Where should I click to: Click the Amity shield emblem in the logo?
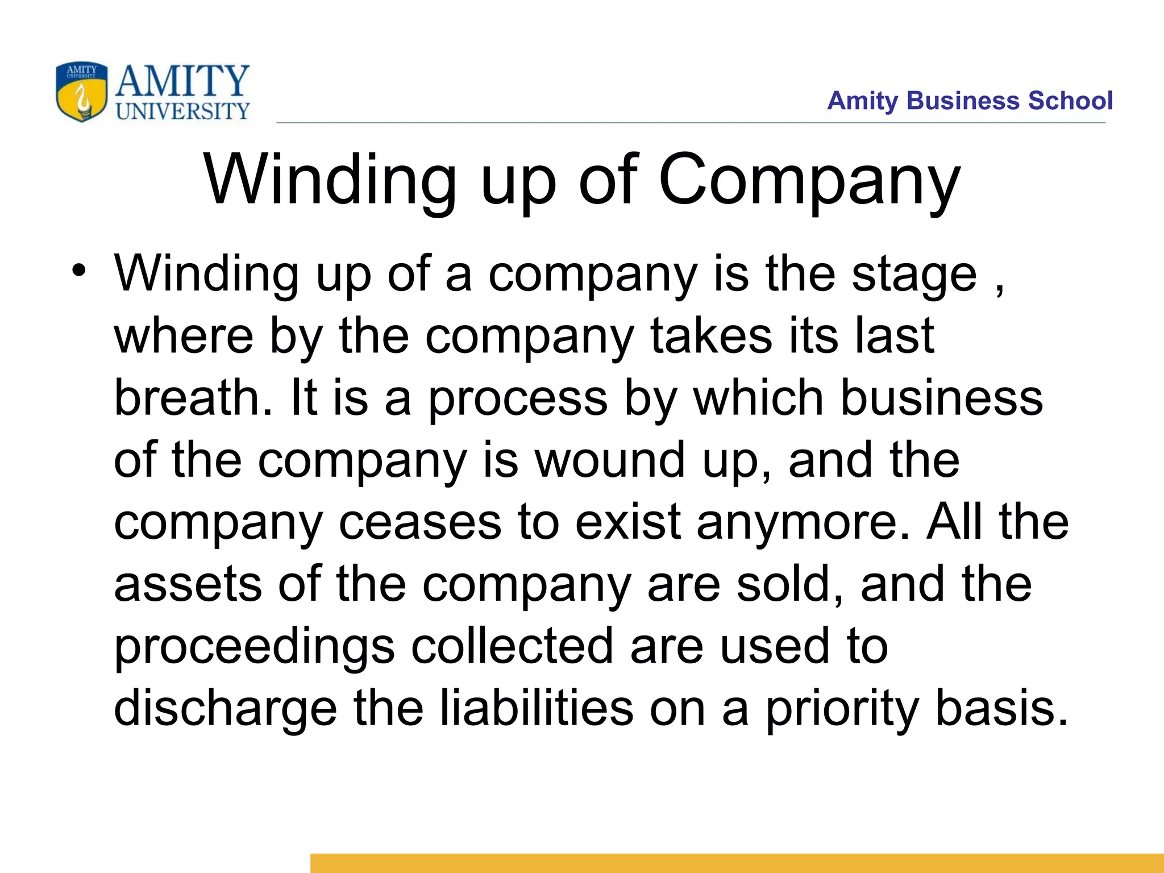[x=82, y=92]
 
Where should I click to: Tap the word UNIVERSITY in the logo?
[x=183, y=111]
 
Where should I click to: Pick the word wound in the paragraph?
[x=610, y=460]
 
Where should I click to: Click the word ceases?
[x=420, y=522]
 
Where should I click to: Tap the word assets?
[x=188, y=584]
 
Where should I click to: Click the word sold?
[x=789, y=584]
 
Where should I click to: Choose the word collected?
[x=512, y=646]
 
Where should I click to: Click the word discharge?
[x=226, y=709]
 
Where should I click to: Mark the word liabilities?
[x=537, y=708]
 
